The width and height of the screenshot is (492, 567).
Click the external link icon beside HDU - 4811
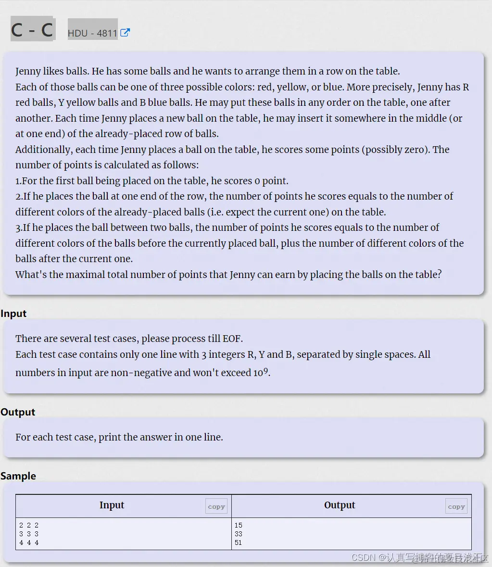[x=125, y=33]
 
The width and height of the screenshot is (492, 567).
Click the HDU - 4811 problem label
[x=92, y=33]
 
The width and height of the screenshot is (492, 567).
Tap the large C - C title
[x=32, y=30]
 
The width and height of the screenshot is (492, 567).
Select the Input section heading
[x=13, y=314]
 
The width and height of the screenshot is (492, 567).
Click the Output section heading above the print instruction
[x=18, y=412]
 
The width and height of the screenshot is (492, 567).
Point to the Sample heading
[x=18, y=476]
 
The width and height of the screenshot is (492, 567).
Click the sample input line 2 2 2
[x=29, y=525]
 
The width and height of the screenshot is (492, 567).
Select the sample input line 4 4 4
[x=29, y=542]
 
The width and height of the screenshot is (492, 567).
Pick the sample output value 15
[x=239, y=525]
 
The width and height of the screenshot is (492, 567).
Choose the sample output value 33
[x=239, y=534]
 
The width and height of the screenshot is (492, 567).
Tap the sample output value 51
[x=239, y=542]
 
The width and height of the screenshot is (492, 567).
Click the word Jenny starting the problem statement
[x=28, y=72]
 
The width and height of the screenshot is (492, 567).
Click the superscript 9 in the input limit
[x=265, y=371]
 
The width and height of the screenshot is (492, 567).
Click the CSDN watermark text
[x=364, y=557]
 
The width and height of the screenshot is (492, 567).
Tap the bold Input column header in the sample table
[x=112, y=505]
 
